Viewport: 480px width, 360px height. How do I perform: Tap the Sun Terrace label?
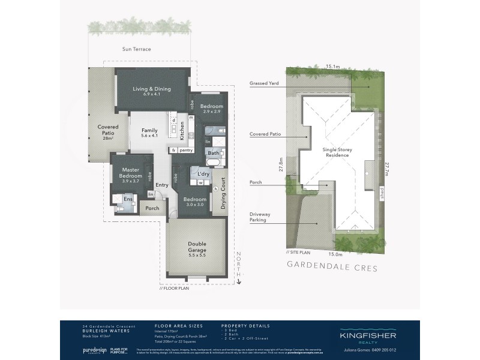pos(136,49)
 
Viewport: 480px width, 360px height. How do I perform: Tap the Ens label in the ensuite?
pos(128,199)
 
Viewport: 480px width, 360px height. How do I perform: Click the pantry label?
pos(185,150)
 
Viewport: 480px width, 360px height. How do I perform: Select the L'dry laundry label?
pos(203,173)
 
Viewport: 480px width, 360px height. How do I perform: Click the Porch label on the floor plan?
pos(152,209)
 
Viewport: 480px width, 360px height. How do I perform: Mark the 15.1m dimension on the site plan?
pos(333,67)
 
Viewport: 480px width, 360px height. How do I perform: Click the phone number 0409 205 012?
pos(382,349)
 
